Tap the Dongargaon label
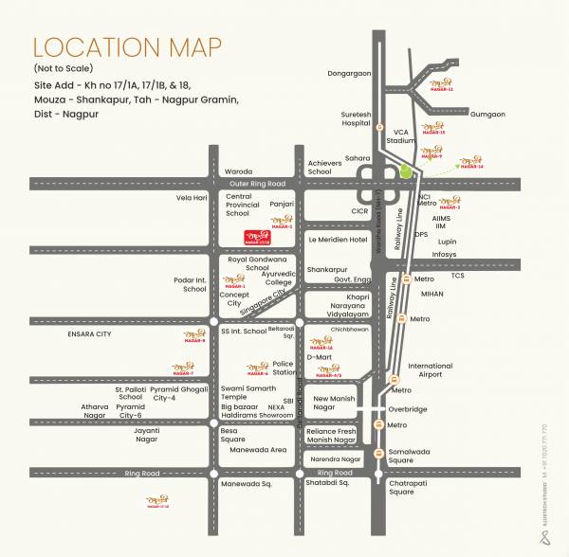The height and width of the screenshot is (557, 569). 349,72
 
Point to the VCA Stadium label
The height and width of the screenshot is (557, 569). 402,135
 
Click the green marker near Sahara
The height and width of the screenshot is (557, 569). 406,172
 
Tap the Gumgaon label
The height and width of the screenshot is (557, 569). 487,114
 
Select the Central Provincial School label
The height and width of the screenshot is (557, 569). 243,205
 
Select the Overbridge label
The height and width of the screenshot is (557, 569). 409,409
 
